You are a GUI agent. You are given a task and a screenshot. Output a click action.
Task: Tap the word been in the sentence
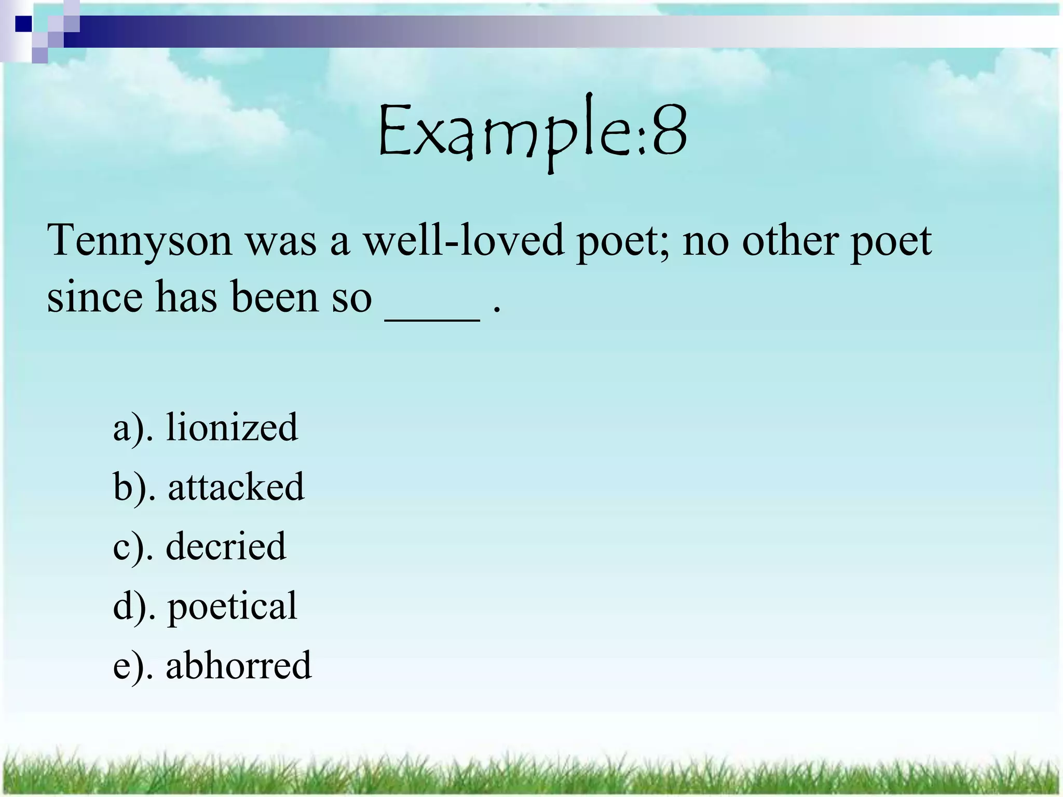(x=275, y=297)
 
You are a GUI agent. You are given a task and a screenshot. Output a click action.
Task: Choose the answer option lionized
(x=232, y=427)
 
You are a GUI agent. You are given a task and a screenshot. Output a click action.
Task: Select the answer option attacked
(x=236, y=487)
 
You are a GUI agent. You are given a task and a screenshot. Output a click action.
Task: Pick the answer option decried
(x=226, y=546)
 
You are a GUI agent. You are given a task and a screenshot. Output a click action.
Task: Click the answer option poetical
(x=232, y=606)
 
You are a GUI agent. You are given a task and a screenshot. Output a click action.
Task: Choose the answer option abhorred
(x=239, y=665)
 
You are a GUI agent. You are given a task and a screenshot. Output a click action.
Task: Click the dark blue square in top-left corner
(x=23, y=24)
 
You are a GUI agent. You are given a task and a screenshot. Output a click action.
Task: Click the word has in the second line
(x=186, y=297)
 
